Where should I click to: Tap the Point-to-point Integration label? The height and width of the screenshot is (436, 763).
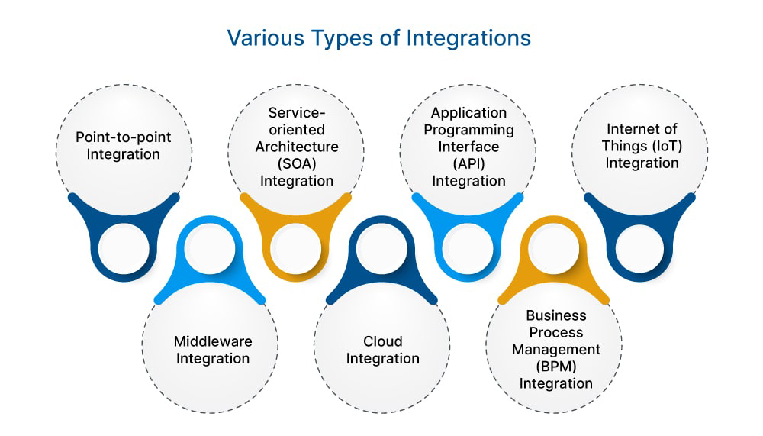pos(123,146)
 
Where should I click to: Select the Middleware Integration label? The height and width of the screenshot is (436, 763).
pos(213,350)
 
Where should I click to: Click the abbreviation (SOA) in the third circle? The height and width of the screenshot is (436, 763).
pos(296,163)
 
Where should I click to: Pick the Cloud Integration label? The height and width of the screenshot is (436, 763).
pos(383,350)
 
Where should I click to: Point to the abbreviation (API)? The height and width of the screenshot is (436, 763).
pos(468,163)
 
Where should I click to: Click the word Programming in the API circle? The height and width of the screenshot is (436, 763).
pos(468,129)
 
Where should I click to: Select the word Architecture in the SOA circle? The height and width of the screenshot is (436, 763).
pos(296,146)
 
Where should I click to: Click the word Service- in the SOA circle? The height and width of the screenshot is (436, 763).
pos(296,112)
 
